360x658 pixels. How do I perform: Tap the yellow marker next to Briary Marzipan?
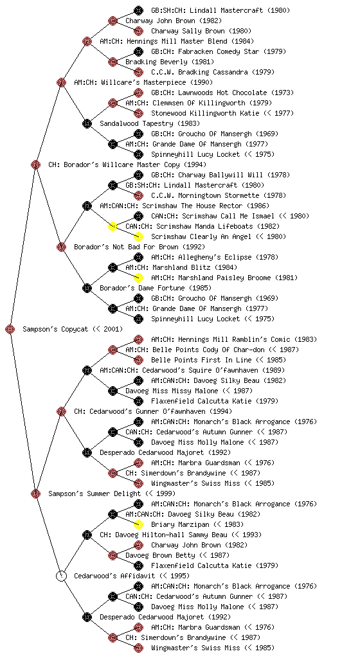point(138,524)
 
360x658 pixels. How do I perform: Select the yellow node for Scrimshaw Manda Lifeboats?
point(113,226)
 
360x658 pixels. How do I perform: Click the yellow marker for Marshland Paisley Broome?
point(138,278)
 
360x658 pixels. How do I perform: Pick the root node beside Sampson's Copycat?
point(10,329)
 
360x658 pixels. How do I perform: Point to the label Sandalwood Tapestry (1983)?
point(150,123)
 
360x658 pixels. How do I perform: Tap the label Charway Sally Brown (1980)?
point(201,31)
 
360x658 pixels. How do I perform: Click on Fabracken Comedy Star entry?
point(218,51)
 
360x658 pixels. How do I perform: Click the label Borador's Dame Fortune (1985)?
point(156,288)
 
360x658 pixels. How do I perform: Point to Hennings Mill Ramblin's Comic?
point(234,339)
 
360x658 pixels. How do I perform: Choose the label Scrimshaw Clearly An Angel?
point(204,236)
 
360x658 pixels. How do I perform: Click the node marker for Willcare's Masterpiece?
point(61,82)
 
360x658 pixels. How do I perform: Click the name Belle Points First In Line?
point(201,360)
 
